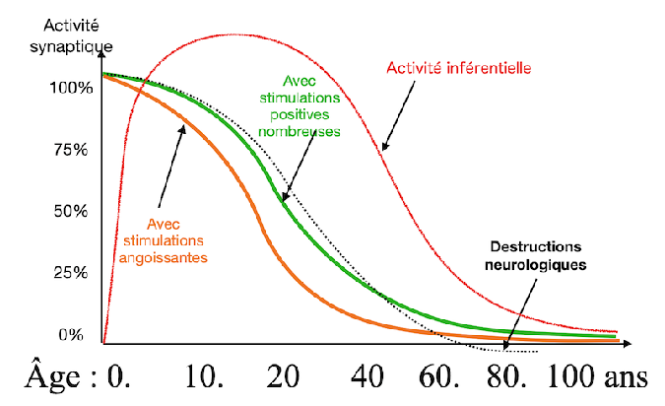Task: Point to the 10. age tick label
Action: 201,379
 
